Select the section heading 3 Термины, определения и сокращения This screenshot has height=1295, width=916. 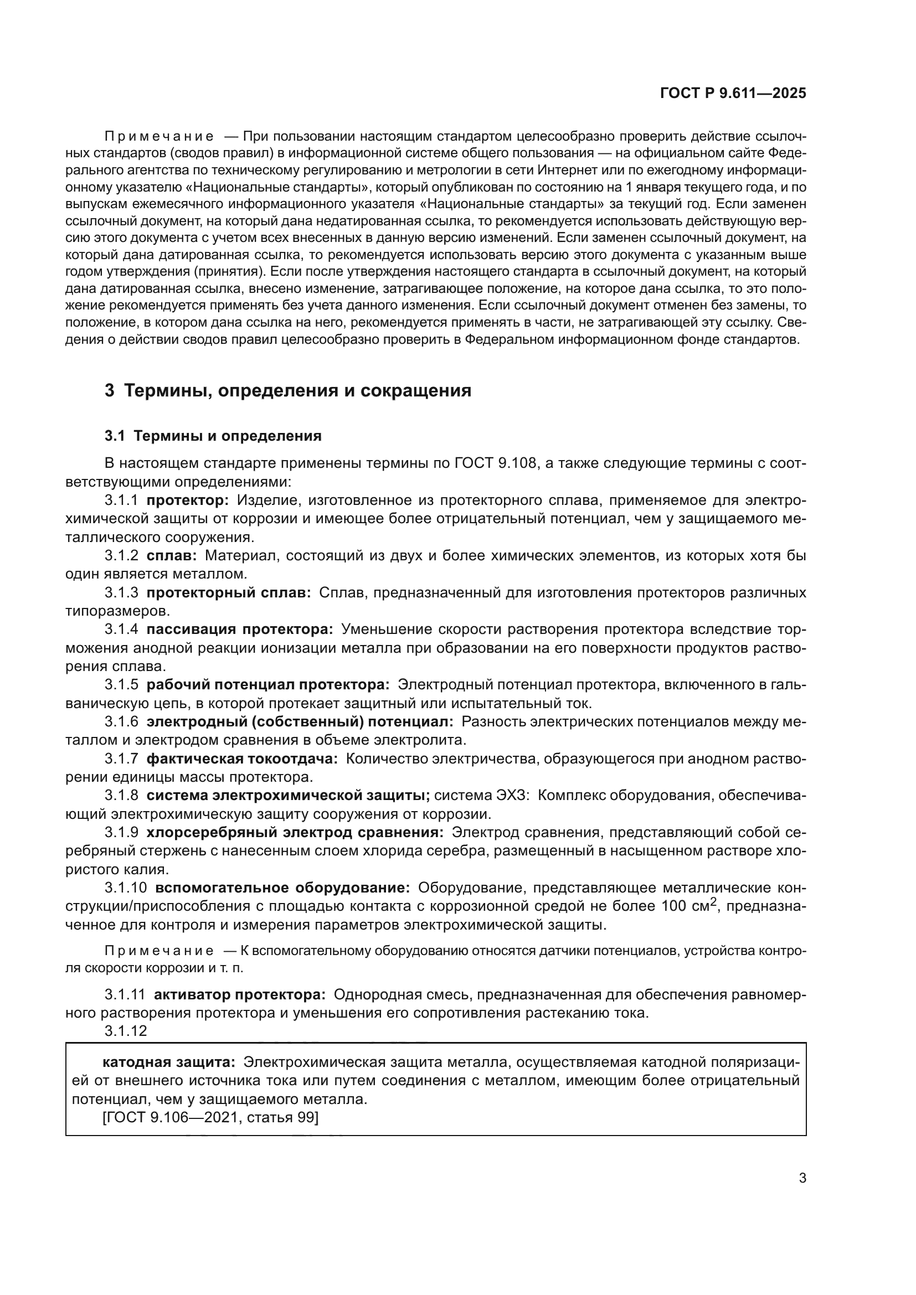click(287, 390)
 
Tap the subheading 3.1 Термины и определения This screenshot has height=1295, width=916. click(213, 436)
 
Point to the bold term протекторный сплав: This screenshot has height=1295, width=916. click(228, 593)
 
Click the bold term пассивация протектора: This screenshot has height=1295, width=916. click(240, 630)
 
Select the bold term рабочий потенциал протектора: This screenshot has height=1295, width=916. click(268, 685)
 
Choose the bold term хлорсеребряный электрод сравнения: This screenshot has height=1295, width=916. click(295, 833)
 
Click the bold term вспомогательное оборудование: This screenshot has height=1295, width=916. click(282, 888)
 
